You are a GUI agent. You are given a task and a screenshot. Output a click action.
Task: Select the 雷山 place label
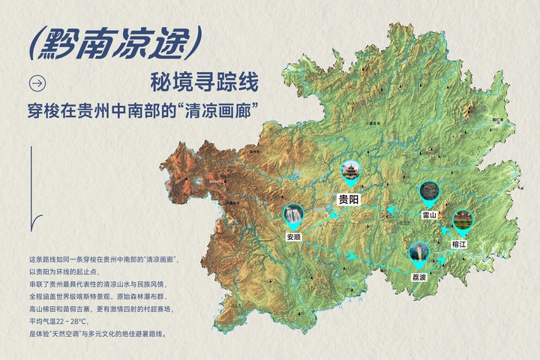point(429,214)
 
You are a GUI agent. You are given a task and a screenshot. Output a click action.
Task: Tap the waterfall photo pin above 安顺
point(294,215)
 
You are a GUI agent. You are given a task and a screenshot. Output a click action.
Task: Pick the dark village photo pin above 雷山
point(429,192)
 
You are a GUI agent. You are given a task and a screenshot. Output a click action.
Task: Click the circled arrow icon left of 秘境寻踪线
point(36,82)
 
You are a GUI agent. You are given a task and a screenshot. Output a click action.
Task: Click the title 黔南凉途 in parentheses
point(113,45)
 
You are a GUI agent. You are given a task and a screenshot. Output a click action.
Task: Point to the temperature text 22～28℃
point(74,320)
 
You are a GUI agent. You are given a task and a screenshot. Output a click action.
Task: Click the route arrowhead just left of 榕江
point(446,231)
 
